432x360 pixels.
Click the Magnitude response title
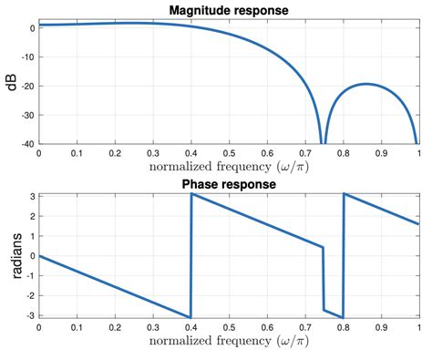pyautogui.click(x=228, y=9)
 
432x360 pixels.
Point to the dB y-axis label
pyautogui.click(x=10, y=84)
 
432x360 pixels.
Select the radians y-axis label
pyautogui.click(x=10, y=256)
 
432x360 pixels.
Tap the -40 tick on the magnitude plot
pyautogui.click(x=26, y=143)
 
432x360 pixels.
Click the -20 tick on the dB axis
pyautogui.click(x=26, y=86)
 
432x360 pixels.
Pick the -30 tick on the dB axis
pyautogui.click(x=26, y=115)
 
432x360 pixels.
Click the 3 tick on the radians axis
pyautogui.click(x=31, y=196)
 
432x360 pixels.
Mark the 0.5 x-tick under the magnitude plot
pyautogui.click(x=228, y=154)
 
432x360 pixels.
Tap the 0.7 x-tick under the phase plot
pyautogui.click(x=304, y=325)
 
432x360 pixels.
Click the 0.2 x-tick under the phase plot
pyautogui.click(x=114, y=325)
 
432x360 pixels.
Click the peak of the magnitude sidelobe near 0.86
pyautogui.click(x=365, y=84)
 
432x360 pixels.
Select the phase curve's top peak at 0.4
pyautogui.click(x=190, y=194)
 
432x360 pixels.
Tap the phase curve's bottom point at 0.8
pyautogui.click(x=343, y=316)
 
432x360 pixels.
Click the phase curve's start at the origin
pyautogui.click(x=38, y=255)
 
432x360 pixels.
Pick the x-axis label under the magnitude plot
pyautogui.click(x=228, y=169)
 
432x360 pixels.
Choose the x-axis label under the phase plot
pyautogui.click(x=228, y=341)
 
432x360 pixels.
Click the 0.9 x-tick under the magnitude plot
pyautogui.click(x=380, y=154)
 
